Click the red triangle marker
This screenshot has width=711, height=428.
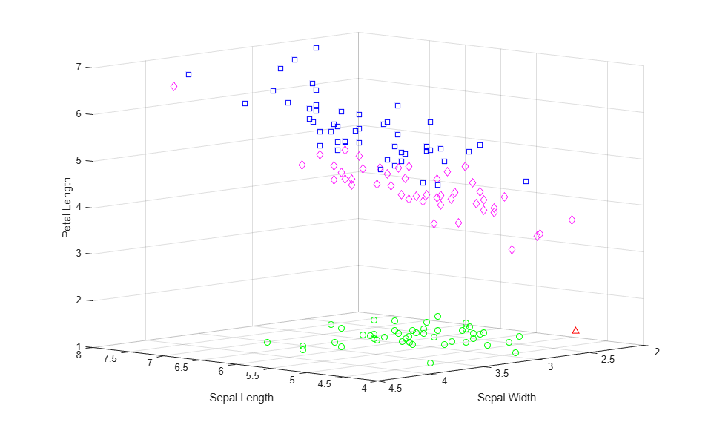[575, 330]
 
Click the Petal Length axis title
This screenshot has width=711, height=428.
[67, 208]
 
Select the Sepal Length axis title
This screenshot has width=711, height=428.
[241, 398]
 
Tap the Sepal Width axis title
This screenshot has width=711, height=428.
[506, 398]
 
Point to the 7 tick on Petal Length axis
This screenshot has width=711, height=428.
[79, 68]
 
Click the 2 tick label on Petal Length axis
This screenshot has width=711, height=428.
[79, 300]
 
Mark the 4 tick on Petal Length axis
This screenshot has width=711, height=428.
[79, 207]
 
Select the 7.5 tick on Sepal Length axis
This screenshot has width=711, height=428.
[110, 358]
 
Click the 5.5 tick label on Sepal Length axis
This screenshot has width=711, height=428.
[253, 375]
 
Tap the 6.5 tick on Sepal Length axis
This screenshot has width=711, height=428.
[182, 367]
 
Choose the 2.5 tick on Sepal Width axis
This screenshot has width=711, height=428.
[608, 359]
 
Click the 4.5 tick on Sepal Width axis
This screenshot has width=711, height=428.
[395, 388]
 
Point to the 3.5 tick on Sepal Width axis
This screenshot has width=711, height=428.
[501, 374]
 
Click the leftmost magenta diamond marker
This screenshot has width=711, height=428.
[173, 86]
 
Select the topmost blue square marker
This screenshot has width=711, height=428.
[316, 47]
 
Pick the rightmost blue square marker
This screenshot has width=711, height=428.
[526, 181]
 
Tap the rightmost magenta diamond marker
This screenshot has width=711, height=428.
[572, 220]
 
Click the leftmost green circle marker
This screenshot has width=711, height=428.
[267, 342]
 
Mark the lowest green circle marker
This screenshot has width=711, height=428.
[430, 363]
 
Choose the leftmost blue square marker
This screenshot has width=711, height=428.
[188, 74]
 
